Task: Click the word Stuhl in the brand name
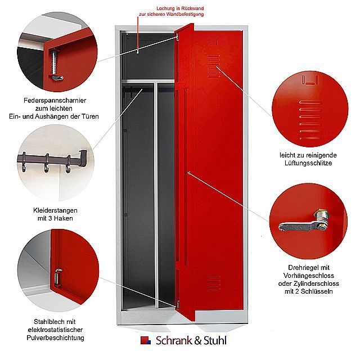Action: [214, 340]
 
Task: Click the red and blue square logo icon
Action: [146, 340]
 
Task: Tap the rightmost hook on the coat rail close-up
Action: [68, 163]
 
